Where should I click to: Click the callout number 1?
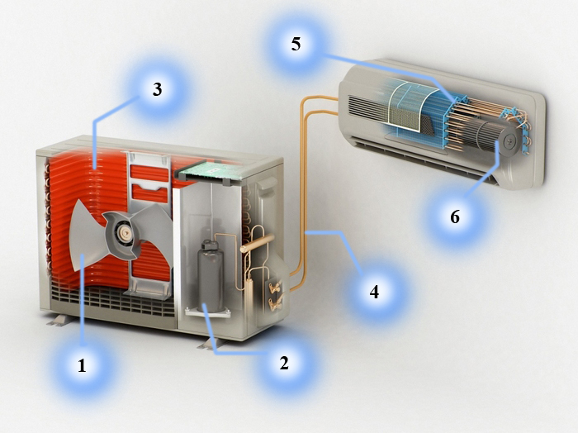pyautogui.click(x=82, y=365)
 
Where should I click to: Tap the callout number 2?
pyautogui.click(x=284, y=363)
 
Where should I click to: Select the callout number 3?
pyautogui.click(x=158, y=89)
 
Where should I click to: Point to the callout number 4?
pyautogui.click(x=374, y=292)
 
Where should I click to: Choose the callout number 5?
pyautogui.click(x=296, y=44)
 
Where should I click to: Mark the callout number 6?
pyautogui.click(x=455, y=216)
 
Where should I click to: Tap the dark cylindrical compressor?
pyautogui.click(x=210, y=276)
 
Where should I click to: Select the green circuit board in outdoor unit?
pyautogui.click(x=210, y=171)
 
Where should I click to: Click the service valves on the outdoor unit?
pyautogui.click(x=276, y=294)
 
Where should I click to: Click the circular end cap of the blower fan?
pyautogui.click(x=509, y=140)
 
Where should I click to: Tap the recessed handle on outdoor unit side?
pyautogui.click(x=268, y=183)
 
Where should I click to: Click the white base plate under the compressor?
pyautogui.click(x=207, y=313)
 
